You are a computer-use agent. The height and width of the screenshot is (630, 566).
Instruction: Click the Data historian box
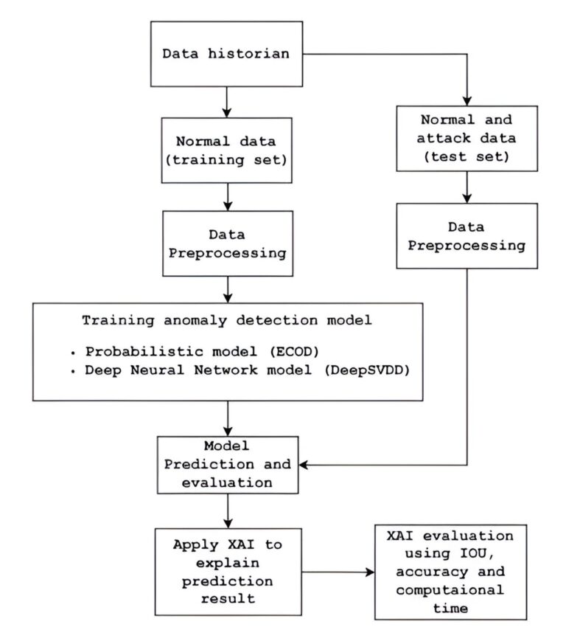226,54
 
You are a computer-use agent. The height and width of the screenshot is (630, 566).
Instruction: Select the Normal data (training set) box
226,150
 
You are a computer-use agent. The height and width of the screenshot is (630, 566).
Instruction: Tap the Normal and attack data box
467,139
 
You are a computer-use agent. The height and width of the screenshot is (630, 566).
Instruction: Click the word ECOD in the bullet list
294,352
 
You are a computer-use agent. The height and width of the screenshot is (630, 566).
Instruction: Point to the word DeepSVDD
367,370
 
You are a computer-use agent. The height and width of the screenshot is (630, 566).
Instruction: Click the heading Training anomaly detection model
227,320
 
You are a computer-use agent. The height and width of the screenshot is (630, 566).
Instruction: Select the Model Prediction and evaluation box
228,465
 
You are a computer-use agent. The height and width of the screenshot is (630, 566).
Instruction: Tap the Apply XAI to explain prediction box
228,572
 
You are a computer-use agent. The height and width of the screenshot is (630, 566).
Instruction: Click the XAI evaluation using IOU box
450,572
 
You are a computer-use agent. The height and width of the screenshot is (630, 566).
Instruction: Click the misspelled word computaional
450,590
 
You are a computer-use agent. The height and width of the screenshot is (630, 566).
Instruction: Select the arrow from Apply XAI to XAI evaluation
338,572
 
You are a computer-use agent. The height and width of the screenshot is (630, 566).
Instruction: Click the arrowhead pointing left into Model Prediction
304,465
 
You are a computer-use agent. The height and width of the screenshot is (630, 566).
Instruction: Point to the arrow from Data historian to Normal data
227,102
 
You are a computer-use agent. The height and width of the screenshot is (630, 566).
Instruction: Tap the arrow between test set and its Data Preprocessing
467,187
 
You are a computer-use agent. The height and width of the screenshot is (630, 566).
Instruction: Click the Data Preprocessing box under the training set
228,243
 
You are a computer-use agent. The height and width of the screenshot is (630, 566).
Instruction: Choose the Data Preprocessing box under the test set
467,236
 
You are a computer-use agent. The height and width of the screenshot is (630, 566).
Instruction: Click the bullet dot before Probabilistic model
73,353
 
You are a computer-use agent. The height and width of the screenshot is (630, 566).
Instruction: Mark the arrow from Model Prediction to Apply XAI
228,510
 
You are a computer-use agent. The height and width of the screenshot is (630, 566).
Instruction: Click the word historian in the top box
248,53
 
